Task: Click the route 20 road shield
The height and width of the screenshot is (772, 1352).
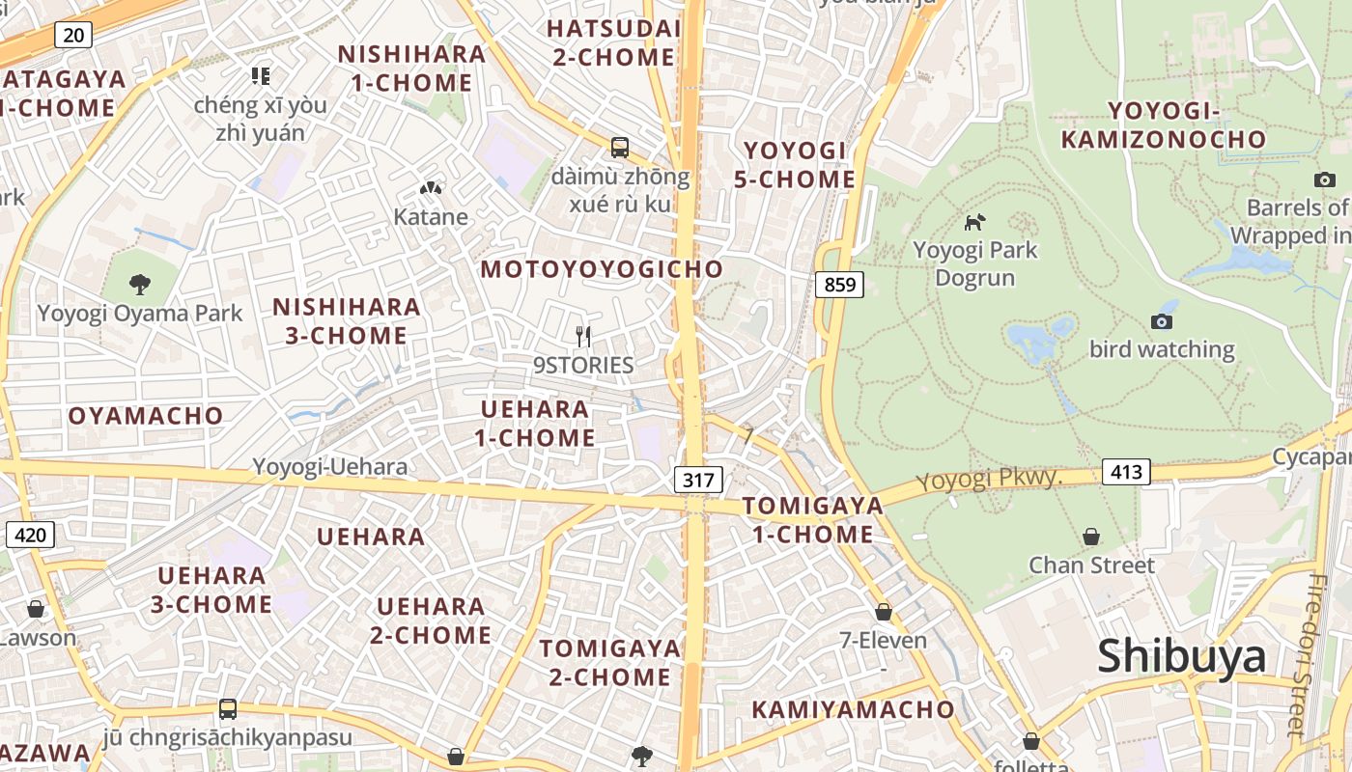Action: pos(73,36)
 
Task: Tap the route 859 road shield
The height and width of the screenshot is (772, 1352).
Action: pos(838,285)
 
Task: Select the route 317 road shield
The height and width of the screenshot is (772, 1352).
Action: pos(697,480)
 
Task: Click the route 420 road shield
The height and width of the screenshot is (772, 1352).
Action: pos(30,535)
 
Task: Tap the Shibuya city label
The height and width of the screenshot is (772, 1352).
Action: pos(1181,656)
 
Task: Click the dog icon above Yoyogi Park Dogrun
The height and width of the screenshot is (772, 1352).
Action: pos(974,222)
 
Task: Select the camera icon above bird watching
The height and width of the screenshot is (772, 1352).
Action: pos(1162,321)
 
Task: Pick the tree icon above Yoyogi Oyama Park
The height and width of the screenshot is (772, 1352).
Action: pos(140,284)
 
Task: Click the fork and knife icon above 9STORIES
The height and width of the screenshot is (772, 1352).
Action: pos(582,336)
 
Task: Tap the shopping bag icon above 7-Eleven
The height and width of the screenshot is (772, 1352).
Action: pos(883,612)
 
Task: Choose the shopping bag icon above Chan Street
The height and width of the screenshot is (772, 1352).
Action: pos(1091,536)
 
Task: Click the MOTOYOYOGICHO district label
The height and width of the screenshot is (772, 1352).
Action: pos(602,269)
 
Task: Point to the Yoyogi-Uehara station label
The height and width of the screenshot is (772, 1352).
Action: pos(329,467)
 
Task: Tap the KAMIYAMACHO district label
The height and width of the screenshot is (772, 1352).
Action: pos(853,709)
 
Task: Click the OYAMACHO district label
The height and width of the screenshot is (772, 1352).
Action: pos(146,416)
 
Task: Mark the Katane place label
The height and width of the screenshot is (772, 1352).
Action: pos(431,217)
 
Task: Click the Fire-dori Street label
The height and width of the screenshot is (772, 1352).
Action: pos(1319,656)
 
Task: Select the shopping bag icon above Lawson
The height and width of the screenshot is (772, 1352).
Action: pos(36,609)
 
